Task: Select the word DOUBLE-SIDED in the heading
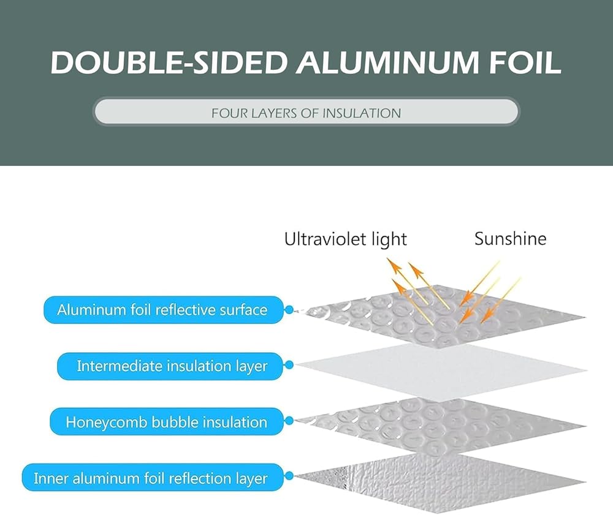169,62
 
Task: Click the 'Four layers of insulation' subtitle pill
306,113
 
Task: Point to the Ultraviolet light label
345,239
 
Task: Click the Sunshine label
510,238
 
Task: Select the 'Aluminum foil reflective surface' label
162,310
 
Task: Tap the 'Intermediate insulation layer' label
172,366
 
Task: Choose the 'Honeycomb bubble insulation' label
166,422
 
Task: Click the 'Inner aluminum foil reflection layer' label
151,478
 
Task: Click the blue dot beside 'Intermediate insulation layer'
289,366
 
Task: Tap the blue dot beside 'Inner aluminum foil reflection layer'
289,478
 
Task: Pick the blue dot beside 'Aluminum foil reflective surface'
289,310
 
